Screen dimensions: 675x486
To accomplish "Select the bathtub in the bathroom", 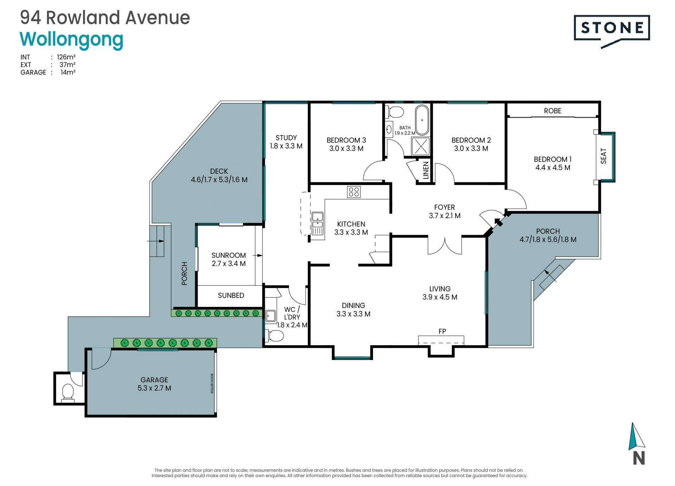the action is pyautogui.click(x=422, y=120).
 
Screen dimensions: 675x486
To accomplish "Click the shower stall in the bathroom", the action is pyautogui.click(x=421, y=146).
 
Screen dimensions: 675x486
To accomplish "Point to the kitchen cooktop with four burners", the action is pyautogui.click(x=354, y=192).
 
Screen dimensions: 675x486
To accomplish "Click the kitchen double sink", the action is pyautogui.click(x=317, y=223).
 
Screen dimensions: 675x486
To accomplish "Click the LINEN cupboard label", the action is pyautogui.click(x=426, y=171).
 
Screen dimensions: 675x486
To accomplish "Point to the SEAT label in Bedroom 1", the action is pyautogui.click(x=604, y=156).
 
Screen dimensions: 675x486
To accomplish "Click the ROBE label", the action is pyautogui.click(x=553, y=111).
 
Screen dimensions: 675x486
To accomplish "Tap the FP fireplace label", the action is pyautogui.click(x=442, y=331).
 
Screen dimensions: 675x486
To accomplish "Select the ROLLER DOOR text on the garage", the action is pyautogui.click(x=212, y=383).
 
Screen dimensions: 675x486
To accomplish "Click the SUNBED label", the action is pyautogui.click(x=231, y=296).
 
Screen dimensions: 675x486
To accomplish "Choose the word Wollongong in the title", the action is pyautogui.click(x=72, y=40).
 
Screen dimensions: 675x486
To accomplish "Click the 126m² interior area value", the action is pyautogui.click(x=66, y=57).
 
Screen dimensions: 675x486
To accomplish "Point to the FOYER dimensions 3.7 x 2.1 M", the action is pyautogui.click(x=445, y=216).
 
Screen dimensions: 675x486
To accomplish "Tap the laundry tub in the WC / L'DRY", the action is pyautogui.click(x=270, y=316).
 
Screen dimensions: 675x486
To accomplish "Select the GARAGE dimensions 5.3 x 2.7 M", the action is pyautogui.click(x=154, y=388).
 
